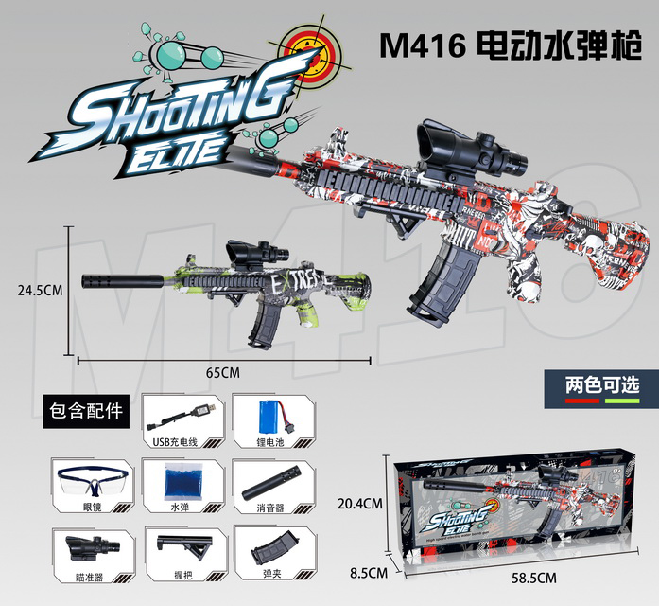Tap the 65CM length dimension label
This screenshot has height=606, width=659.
coord(221,372)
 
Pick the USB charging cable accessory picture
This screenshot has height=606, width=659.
coord(182,415)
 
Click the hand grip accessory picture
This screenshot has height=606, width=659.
coord(180,547)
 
